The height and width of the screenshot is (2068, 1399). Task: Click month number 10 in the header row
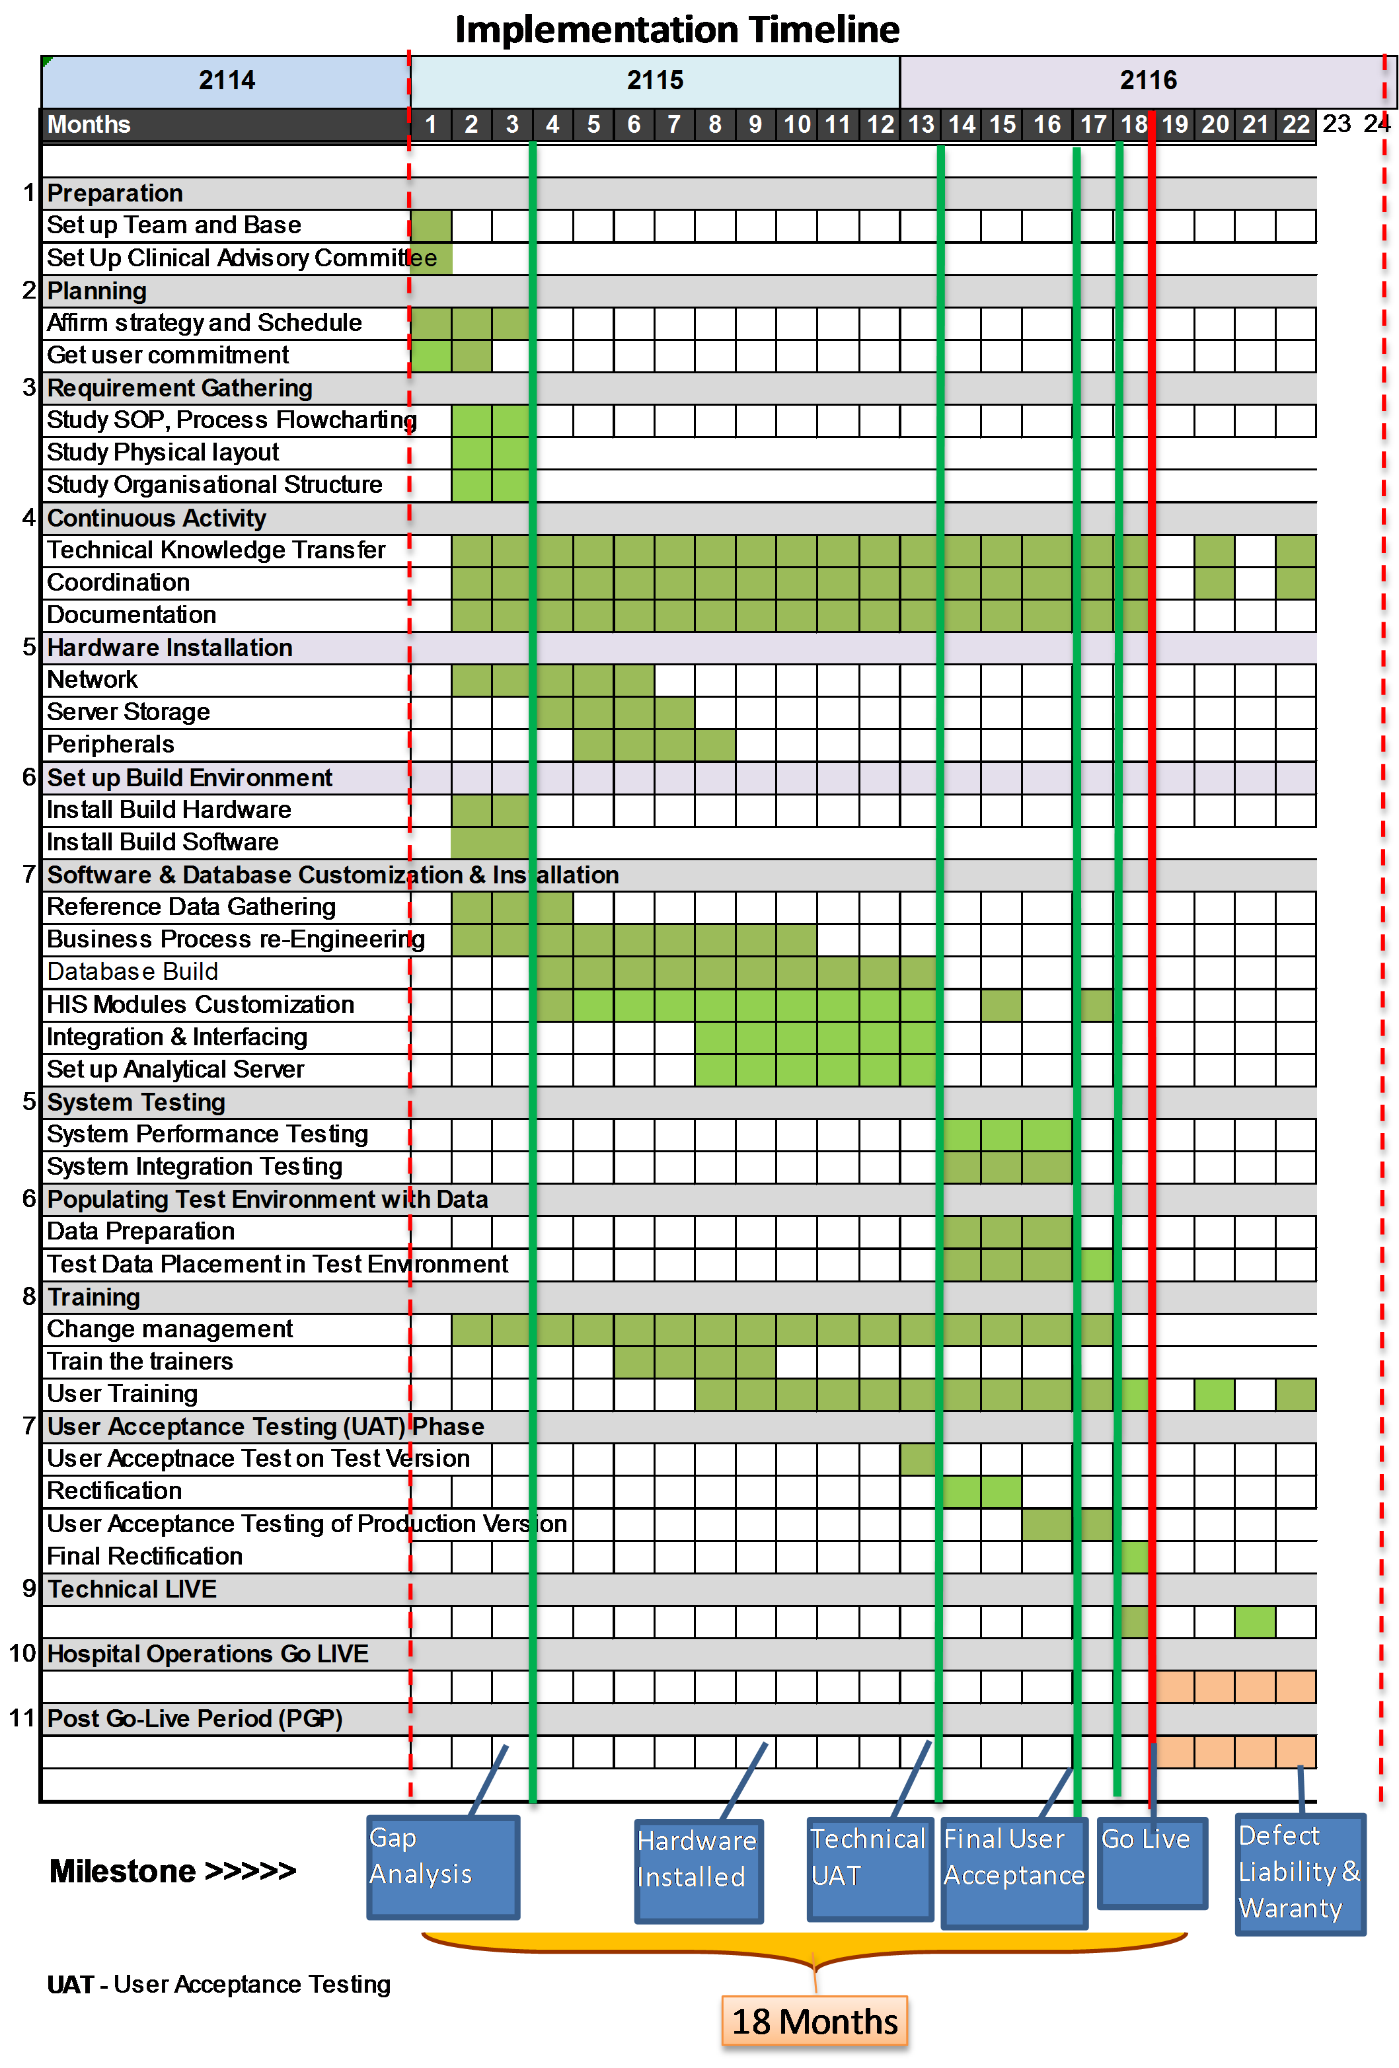[x=796, y=125]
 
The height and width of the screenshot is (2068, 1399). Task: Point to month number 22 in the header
[x=1296, y=125]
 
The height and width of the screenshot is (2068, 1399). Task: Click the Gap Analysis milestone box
[x=442, y=1866]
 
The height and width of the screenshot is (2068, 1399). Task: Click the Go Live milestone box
[x=1152, y=1863]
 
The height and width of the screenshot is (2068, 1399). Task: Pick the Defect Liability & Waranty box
[x=1299, y=1872]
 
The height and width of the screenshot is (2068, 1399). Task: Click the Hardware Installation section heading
[x=169, y=647]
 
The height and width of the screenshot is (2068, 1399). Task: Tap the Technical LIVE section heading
[x=132, y=1589]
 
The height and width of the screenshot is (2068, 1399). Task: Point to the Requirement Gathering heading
[x=180, y=388]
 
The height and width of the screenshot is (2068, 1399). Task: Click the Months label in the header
[x=89, y=125]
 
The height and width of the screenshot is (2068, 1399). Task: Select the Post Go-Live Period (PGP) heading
[x=195, y=1718]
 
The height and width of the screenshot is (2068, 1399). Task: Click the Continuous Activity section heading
[x=157, y=518]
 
